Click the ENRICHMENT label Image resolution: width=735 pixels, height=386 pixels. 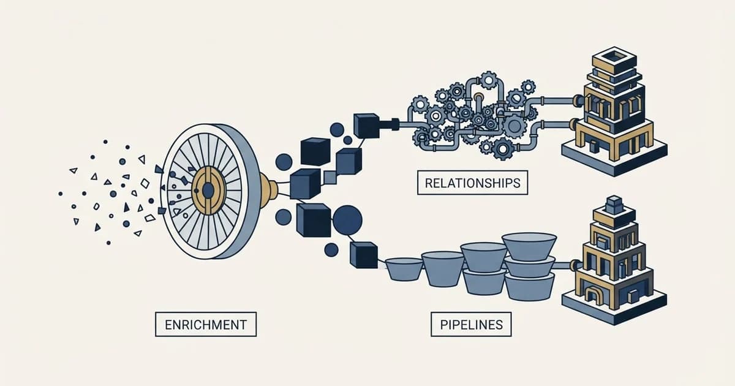click(206, 324)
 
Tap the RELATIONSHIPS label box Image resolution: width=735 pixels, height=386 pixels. click(472, 183)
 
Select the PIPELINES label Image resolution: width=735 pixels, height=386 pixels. click(471, 324)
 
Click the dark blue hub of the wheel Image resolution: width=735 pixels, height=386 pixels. click(208, 191)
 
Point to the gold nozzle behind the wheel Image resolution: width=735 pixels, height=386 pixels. click(269, 191)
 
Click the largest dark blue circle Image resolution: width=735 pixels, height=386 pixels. click(347, 220)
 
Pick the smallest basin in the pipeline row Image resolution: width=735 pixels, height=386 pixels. click(404, 269)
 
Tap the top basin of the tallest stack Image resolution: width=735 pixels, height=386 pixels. click(529, 247)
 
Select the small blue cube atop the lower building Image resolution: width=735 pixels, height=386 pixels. click(614, 203)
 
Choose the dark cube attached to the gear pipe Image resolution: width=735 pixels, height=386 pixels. click(366, 126)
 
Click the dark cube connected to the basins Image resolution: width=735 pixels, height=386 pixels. click(364, 255)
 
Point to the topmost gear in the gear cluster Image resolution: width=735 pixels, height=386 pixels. click(488, 80)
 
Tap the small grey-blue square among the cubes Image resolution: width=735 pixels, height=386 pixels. click(330, 177)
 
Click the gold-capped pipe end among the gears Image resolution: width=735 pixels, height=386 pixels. click(479, 97)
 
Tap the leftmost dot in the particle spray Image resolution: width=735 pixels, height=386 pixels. click(61, 194)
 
